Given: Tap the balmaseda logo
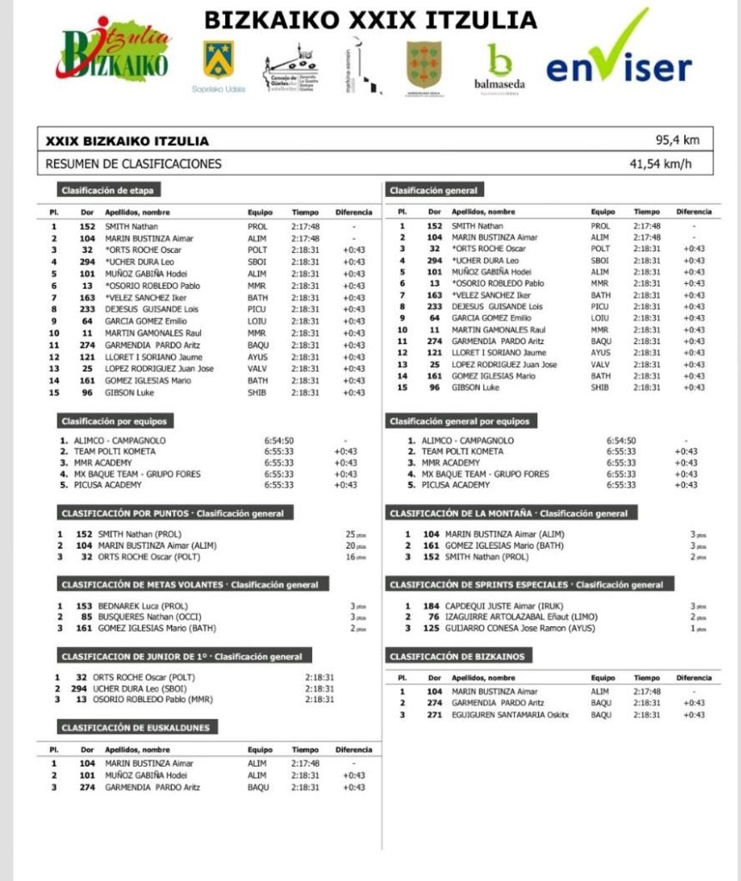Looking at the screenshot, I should (499, 67).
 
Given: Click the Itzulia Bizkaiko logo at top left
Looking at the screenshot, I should (114, 50).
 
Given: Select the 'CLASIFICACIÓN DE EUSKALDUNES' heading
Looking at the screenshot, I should (135, 727).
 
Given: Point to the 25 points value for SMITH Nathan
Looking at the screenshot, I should (350, 534).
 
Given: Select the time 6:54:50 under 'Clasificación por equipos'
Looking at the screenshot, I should (279, 440).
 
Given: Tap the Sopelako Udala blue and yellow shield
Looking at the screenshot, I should (217, 59).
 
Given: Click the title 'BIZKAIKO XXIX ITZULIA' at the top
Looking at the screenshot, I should (370, 19).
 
